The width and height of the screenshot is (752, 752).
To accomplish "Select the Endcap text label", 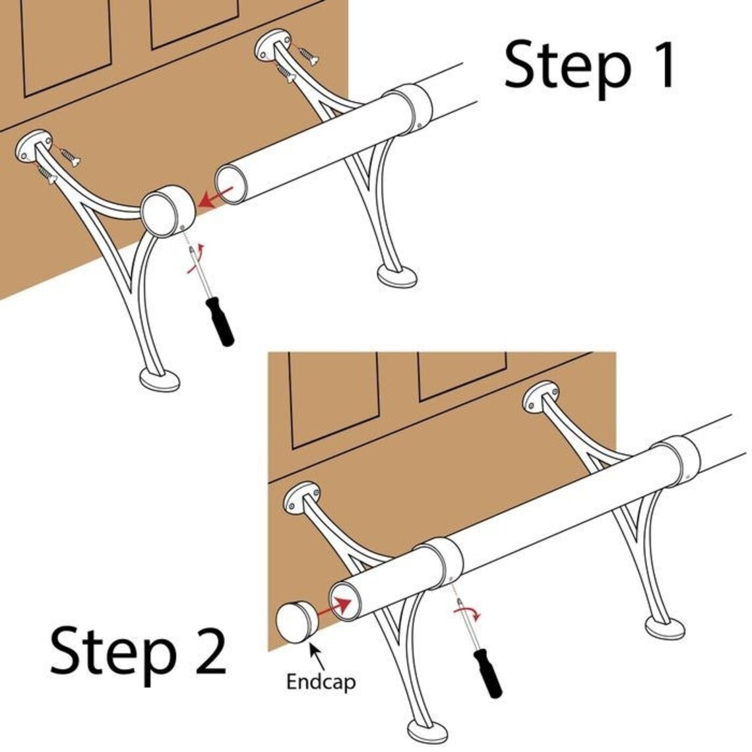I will pyautogui.click(x=321, y=681).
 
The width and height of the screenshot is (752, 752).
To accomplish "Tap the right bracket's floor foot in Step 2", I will pyautogui.click(x=666, y=627).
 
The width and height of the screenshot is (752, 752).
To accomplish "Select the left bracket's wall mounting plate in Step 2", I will pyautogui.click(x=302, y=499).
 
